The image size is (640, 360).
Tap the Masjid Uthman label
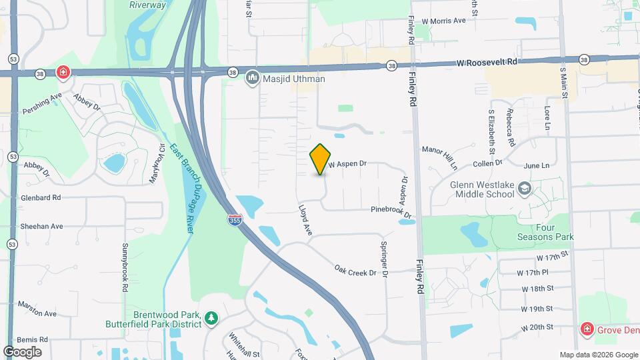click(294, 79)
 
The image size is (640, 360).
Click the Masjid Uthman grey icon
click(252, 79)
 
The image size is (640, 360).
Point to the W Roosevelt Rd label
click(487, 63)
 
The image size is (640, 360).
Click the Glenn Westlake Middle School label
click(473, 189)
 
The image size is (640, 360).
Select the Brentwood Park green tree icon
click(211, 318)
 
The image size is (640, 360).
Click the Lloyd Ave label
click(305, 219)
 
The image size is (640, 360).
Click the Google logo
click(22, 351)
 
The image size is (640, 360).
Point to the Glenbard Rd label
click(41, 197)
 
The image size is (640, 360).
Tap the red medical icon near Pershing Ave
click(63, 72)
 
